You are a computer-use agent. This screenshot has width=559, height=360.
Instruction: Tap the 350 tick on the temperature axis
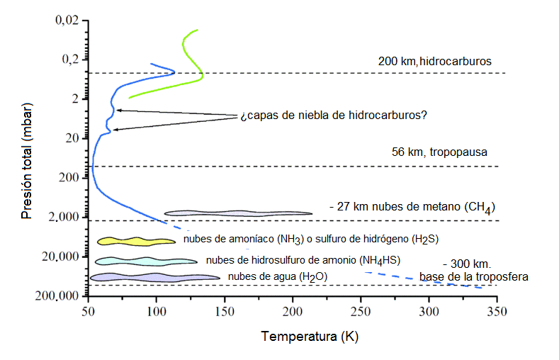[497, 311]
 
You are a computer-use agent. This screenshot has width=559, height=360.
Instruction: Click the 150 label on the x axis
[224, 311]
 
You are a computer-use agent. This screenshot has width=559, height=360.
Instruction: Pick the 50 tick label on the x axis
[88, 311]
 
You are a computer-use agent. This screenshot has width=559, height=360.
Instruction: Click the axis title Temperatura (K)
[308, 336]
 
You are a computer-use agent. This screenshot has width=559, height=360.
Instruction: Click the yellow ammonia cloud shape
[135, 241]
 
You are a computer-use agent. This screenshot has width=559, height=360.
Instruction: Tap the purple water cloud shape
[154, 276]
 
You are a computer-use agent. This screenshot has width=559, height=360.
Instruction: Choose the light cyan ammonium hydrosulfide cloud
[145, 261]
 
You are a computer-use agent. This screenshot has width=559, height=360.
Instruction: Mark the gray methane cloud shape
[238, 213]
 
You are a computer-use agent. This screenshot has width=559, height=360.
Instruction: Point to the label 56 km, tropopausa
[439, 152]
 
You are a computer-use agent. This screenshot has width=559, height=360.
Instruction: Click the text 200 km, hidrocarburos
[434, 62]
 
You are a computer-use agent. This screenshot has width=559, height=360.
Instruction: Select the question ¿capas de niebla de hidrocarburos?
[333, 115]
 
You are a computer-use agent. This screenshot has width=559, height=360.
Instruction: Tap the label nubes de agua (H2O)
[277, 276]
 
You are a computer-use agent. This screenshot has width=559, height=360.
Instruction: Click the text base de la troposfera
[473, 276]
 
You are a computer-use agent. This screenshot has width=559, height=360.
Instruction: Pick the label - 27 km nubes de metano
[411, 208]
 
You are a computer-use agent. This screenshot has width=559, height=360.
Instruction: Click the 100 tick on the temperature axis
[156, 311]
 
